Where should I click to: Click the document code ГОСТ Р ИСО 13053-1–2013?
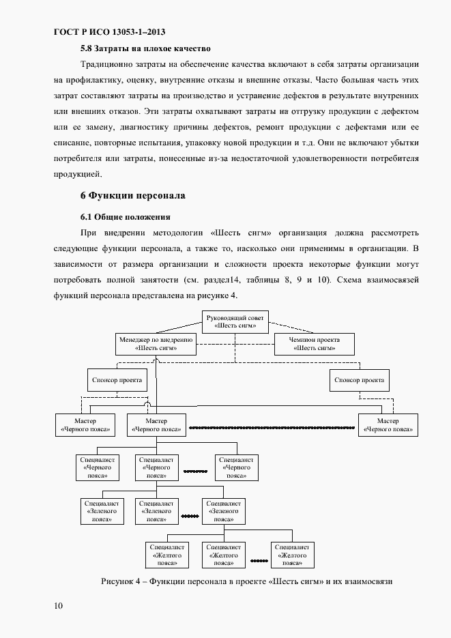(x=109, y=31)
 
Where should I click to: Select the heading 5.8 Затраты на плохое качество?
(x=145, y=49)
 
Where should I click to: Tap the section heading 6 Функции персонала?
(x=133, y=195)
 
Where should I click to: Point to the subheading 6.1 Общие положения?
(x=125, y=217)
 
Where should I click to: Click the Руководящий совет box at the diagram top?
(x=235, y=321)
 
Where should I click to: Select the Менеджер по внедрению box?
(x=156, y=343)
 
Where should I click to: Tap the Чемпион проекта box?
(x=315, y=343)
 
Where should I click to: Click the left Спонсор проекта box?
(x=117, y=379)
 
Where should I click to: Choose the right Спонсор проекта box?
(x=357, y=379)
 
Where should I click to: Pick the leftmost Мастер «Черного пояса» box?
(x=85, y=425)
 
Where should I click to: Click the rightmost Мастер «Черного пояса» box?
(x=388, y=425)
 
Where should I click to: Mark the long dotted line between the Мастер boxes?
(x=273, y=429)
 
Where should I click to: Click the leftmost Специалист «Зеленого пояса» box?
(x=103, y=510)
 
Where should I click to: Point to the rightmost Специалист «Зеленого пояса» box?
(x=225, y=510)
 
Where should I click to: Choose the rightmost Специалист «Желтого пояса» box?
(x=293, y=555)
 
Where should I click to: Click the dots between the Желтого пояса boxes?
(x=259, y=562)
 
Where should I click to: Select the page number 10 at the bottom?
(x=58, y=606)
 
